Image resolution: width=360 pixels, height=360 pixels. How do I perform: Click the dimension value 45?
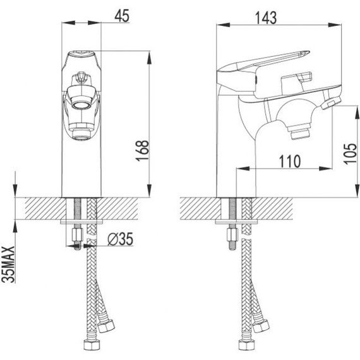click(x=122, y=16)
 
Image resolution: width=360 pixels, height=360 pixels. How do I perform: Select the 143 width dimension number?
click(x=266, y=18)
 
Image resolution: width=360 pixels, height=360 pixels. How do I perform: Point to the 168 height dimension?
click(x=143, y=150)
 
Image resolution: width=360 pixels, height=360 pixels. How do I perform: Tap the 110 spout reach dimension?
click(x=289, y=162)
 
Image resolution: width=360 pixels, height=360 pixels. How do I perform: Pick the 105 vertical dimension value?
click(x=351, y=153)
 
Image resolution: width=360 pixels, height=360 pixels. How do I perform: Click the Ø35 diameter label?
click(x=120, y=239)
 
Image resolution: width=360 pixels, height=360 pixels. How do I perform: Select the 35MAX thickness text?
click(x=8, y=264)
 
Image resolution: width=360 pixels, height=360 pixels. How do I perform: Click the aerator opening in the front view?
click(x=80, y=105)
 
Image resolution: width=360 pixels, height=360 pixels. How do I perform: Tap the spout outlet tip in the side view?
click(x=300, y=135)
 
